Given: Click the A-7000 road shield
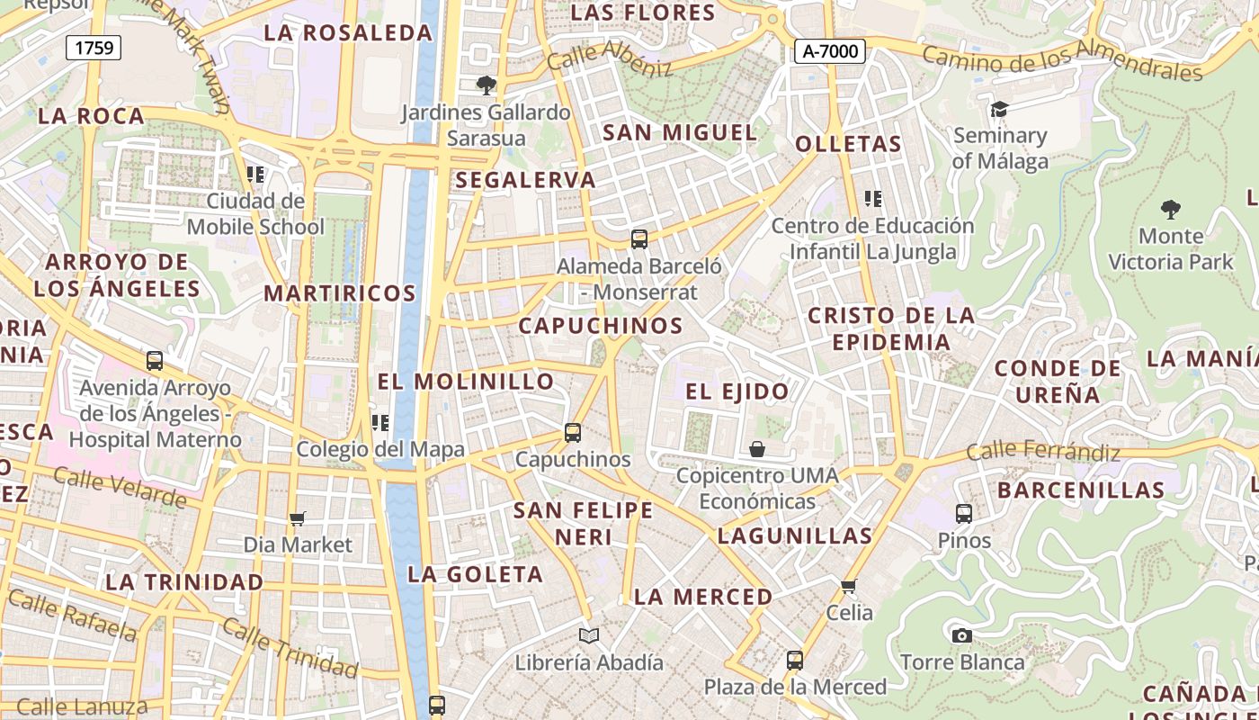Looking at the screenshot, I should click(x=829, y=51).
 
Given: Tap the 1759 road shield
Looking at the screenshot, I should click(x=94, y=48).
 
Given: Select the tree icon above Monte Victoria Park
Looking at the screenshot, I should click(x=1170, y=211).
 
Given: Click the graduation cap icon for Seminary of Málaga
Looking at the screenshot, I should click(x=999, y=110).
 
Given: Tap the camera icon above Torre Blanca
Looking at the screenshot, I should click(x=961, y=635).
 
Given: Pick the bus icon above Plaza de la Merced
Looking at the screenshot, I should click(x=794, y=661).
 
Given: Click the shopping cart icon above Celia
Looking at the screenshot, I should click(x=848, y=587).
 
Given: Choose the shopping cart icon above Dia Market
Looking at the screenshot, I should click(x=298, y=518).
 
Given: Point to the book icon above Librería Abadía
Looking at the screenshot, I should click(x=589, y=636).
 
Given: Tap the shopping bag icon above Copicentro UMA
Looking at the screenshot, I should click(x=757, y=448).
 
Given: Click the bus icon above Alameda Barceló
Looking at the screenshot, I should click(x=639, y=239).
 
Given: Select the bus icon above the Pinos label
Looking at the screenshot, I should click(x=964, y=514).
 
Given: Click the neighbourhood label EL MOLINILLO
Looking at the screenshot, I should click(x=465, y=382).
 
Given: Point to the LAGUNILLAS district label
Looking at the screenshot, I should click(x=795, y=536).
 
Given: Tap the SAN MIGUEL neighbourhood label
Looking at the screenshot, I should click(x=680, y=132).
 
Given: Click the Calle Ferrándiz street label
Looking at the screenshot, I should click(x=1043, y=451).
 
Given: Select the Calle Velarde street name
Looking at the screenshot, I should click(x=120, y=487).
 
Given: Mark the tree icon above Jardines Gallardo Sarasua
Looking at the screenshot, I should click(x=486, y=85).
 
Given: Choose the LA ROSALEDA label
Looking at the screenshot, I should click(x=349, y=33).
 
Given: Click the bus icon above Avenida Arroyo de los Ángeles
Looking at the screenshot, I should click(x=155, y=361).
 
